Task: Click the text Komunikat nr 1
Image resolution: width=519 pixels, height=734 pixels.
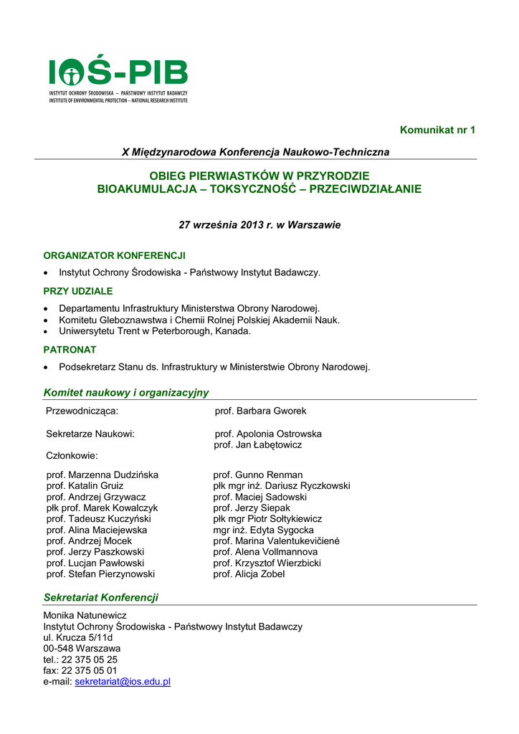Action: (x=437, y=130)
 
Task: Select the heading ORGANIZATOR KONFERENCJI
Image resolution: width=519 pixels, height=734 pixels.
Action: (x=115, y=255)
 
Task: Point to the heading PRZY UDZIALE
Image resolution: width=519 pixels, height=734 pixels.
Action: (x=78, y=291)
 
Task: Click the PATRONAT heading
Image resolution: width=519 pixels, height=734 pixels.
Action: (x=70, y=350)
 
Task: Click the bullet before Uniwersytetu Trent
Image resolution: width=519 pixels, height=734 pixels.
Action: (x=47, y=332)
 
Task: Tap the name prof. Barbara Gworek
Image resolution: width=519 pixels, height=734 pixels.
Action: (x=260, y=411)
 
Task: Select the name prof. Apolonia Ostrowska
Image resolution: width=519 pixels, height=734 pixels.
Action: (x=268, y=434)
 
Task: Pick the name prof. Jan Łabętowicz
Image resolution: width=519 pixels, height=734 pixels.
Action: (x=258, y=445)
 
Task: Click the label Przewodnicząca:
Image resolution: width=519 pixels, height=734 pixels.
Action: (x=82, y=411)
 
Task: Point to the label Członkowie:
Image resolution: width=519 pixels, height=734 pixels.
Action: (x=72, y=455)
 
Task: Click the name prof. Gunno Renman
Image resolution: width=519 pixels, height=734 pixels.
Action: (x=258, y=475)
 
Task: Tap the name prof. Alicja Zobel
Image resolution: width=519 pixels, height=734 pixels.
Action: (x=249, y=574)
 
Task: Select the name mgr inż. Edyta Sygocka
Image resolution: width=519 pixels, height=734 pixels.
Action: (x=263, y=530)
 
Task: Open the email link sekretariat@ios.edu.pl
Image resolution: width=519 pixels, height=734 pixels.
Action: (x=123, y=682)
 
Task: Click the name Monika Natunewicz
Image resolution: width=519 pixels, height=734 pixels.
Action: (x=85, y=615)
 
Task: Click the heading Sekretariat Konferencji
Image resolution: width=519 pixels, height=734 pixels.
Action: (x=100, y=597)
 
